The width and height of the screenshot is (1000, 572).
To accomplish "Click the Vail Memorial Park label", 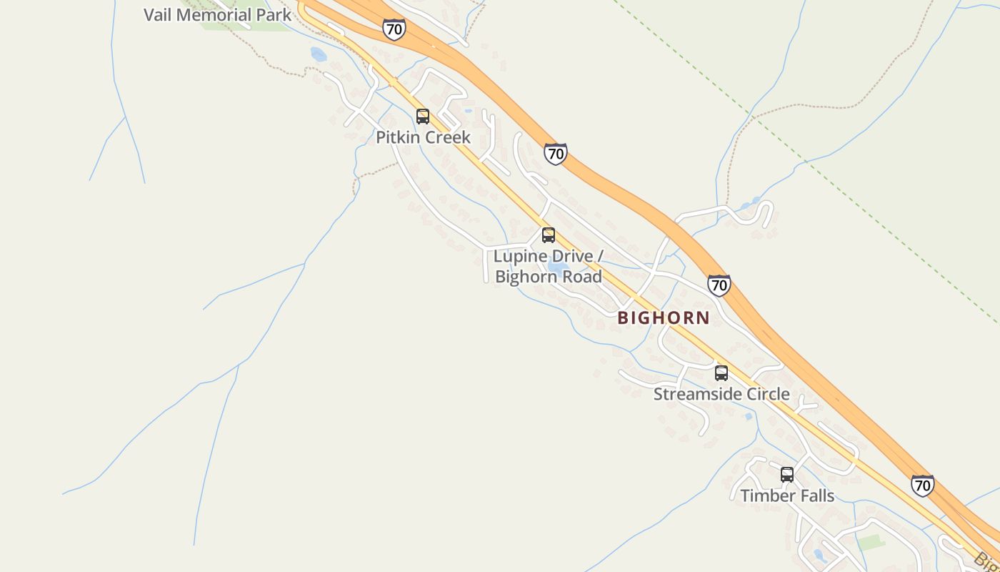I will (217, 14).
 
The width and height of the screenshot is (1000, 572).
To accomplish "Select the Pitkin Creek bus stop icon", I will (423, 117).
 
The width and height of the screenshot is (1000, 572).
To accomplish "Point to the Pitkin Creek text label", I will (424, 137).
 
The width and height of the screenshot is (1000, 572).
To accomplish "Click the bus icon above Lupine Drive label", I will (549, 235).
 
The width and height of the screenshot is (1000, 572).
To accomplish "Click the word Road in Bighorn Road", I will (583, 277).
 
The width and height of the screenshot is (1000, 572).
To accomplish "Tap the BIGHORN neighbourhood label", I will (664, 318).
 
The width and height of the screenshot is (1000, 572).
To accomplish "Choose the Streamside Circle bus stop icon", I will (721, 373).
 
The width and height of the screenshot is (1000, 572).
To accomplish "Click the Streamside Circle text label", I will (721, 394).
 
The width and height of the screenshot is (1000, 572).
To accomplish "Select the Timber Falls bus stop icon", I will (787, 475).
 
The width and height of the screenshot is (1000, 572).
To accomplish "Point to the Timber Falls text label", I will (787, 495).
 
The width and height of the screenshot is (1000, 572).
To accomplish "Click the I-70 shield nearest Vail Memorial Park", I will (394, 29).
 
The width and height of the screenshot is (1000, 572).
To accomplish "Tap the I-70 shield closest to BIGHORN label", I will (719, 285).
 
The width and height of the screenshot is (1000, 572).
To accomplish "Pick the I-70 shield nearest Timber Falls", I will (923, 485).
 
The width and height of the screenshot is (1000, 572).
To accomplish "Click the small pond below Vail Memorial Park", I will (319, 54).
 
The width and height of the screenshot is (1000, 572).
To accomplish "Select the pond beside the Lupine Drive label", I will (558, 268).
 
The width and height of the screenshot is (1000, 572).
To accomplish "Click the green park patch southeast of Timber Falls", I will (871, 542).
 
